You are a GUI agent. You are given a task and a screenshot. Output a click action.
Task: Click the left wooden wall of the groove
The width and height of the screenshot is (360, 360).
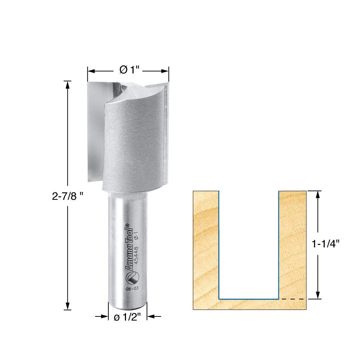(x=205, y=245)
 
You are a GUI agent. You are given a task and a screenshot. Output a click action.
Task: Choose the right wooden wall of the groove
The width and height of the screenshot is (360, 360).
(x=293, y=245)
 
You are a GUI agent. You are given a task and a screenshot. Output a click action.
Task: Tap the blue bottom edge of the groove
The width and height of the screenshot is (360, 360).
(x=248, y=298)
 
